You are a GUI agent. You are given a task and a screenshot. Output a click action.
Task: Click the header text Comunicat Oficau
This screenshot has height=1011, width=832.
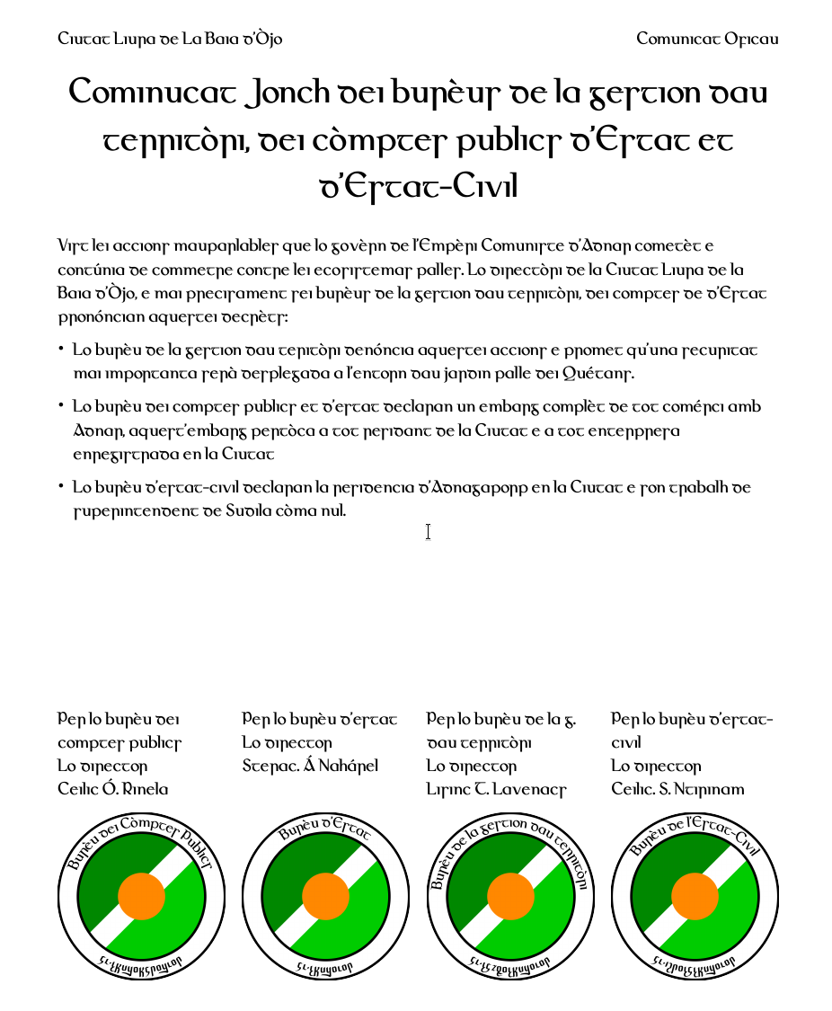[x=707, y=39]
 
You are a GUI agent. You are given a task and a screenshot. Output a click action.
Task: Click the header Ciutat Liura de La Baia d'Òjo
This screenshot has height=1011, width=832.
[x=170, y=39]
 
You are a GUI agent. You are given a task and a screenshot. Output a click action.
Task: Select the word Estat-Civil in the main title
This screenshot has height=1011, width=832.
[x=418, y=188]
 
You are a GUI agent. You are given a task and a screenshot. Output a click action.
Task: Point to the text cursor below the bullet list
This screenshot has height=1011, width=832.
[x=428, y=532]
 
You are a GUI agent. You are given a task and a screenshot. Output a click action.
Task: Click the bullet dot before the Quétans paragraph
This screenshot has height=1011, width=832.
[x=61, y=349]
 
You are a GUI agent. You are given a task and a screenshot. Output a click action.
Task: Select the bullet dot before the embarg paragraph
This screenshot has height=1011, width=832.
[x=61, y=406]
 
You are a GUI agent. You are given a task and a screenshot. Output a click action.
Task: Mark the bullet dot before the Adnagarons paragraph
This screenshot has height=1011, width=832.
[x=61, y=487]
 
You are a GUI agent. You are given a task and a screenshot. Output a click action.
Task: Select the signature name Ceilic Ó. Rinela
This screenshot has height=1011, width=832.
[x=113, y=789]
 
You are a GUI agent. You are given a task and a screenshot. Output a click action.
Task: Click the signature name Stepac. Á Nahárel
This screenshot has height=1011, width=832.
[x=310, y=766]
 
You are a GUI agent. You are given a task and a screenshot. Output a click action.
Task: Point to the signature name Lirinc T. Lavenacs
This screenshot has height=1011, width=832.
[x=497, y=789]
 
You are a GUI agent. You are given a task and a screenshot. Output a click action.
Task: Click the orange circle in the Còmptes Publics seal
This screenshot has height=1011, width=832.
[x=142, y=896]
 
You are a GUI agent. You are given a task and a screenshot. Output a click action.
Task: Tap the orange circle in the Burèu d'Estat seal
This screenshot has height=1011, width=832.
[x=325, y=896]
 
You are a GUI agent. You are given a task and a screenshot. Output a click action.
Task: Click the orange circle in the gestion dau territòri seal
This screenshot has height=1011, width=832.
[x=510, y=896]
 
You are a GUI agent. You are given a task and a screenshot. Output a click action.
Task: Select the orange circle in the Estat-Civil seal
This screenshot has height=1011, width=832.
[x=695, y=896]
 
